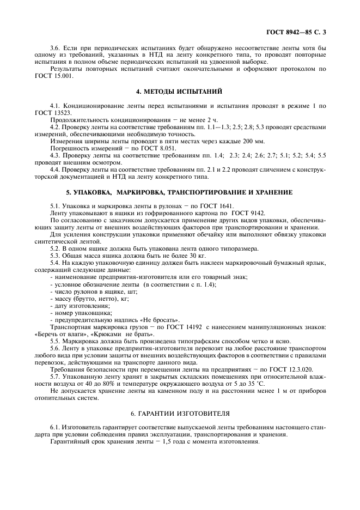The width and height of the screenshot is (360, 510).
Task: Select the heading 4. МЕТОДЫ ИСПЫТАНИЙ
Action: tap(180, 91)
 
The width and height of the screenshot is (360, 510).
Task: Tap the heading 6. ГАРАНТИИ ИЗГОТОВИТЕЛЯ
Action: tap(180, 414)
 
